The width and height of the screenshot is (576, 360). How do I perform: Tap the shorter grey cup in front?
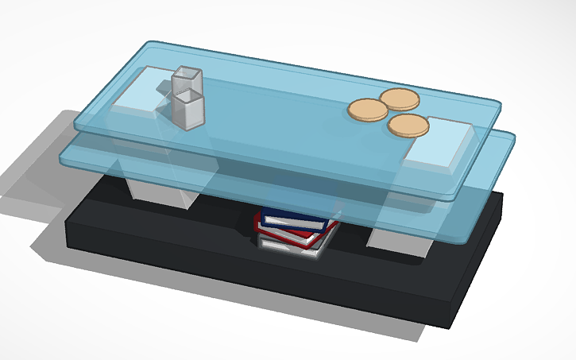pos(189,111)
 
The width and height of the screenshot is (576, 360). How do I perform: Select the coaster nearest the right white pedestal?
pos(408,126)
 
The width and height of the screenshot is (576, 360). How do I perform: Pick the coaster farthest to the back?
pos(398,99)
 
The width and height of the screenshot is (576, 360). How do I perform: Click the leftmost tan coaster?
pos(367,110)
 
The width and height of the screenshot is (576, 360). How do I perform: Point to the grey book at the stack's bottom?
pos(289,247)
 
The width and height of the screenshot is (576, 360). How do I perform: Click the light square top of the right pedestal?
pos(437,142)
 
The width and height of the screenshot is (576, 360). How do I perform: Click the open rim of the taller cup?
pos(186,73)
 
